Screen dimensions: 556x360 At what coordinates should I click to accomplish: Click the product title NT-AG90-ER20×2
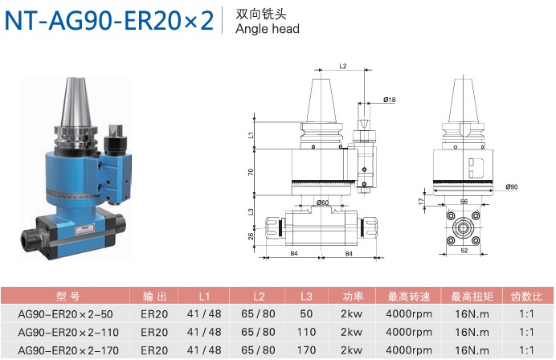[x=109, y=20]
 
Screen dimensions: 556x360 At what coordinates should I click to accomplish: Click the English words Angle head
[x=268, y=29]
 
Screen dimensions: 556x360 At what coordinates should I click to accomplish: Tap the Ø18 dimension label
[x=390, y=100]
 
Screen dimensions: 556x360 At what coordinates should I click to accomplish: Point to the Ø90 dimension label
[x=512, y=186]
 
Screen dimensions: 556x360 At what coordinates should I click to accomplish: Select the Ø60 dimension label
[x=322, y=202]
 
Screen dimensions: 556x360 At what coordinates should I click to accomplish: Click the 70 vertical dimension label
[x=251, y=173]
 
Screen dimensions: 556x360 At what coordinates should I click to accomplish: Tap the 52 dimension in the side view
[x=464, y=251]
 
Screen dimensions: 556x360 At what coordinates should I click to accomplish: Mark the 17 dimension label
[x=421, y=201]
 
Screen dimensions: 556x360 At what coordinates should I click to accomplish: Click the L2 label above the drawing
[x=342, y=66]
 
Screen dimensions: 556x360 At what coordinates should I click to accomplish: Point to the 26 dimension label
[x=251, y=236]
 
